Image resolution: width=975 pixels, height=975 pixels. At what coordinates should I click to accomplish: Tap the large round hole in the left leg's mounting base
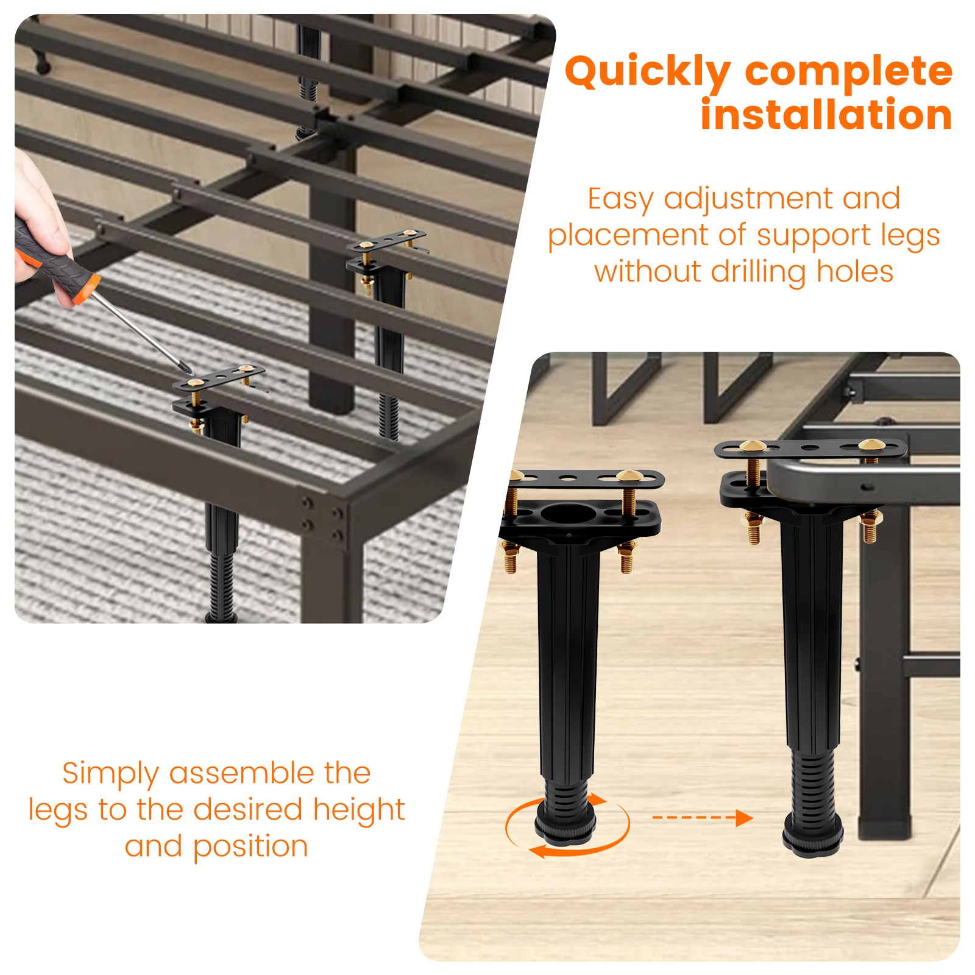[x=567, y=514]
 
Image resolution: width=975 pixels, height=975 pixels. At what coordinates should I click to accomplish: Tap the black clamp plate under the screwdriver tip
[x=219, y=378]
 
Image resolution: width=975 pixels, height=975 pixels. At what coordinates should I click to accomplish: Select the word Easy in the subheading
[x=620, y=199]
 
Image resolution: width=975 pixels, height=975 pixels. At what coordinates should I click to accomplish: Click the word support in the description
[x=804, y=236]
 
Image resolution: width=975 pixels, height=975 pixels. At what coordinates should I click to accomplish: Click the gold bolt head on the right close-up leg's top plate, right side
[x=869, y=445]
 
